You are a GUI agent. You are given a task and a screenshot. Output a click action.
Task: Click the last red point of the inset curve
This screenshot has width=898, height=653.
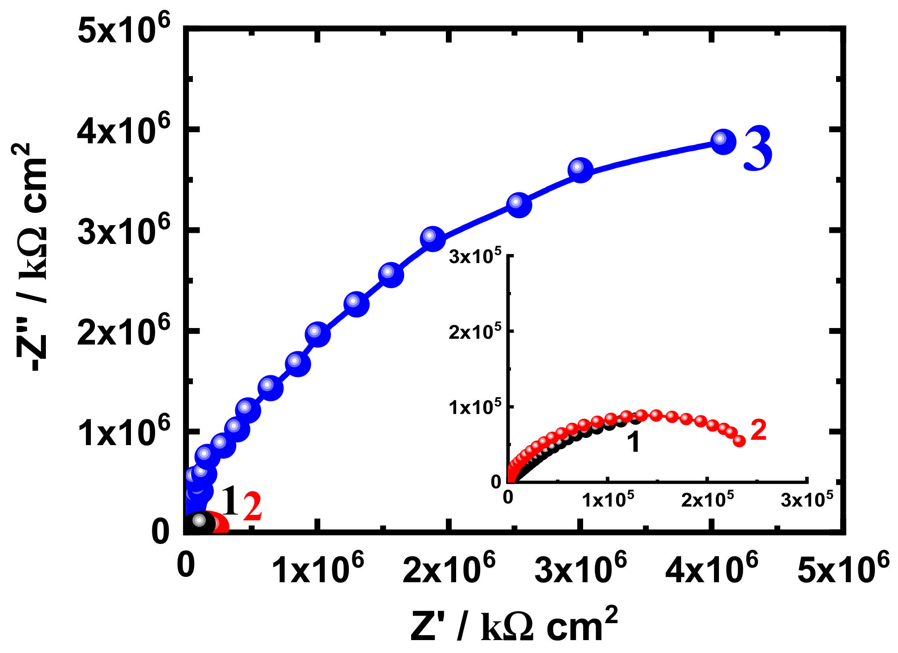[x=739, y=441]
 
